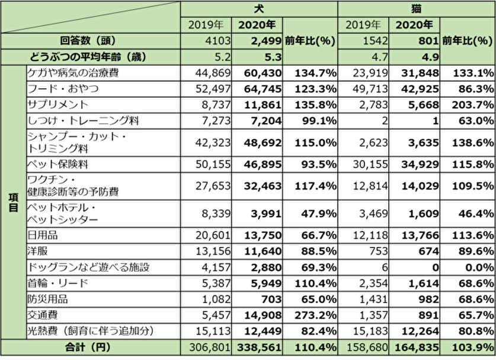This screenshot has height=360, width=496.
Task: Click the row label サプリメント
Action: pyautogui.click(x=58, y=104)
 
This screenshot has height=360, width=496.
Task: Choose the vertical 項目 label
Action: pyautogui.click(x=13, y=201)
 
